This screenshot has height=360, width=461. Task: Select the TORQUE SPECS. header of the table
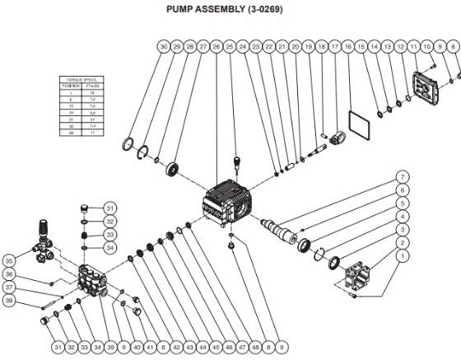click(79, 80)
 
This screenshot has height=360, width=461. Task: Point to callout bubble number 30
click(164, 49)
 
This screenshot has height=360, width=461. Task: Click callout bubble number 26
click(217, 49)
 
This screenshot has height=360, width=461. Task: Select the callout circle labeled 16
click(348, 49)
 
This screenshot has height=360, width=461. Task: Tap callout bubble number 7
click(403, 177)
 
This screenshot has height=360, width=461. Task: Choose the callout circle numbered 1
click(403, 256)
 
